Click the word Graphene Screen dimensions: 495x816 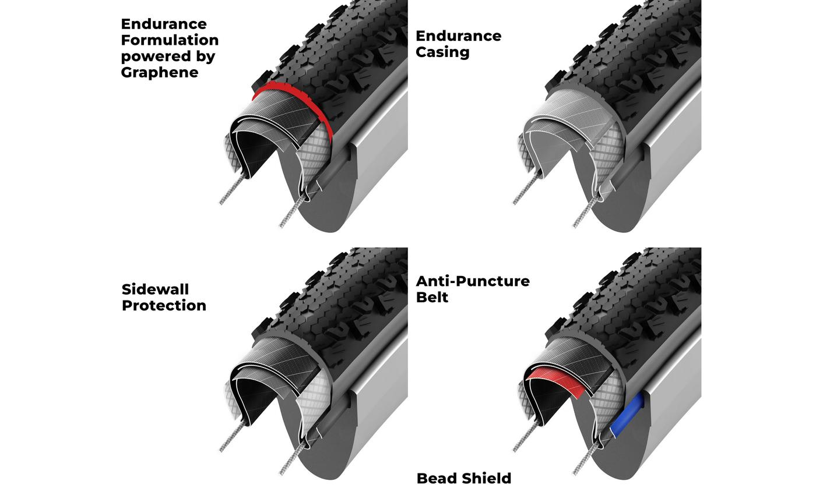[160, 73]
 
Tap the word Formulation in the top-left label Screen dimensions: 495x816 [170, 40]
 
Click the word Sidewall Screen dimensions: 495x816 [155, 289]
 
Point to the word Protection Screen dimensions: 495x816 [164, 306]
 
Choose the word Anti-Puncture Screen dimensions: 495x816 [472, 281]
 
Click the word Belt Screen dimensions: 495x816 [432, 298]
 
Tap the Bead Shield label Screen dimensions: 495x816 [463, 479]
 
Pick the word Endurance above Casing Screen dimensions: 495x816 [458, 36]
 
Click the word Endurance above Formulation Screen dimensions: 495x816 [163, 24]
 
